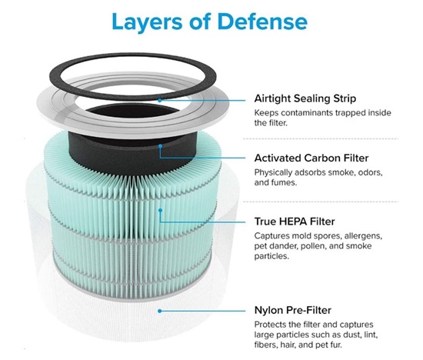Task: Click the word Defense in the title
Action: pyautogui.click(x=262, y=22)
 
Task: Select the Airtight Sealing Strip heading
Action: pyautogui.click(x=305, y=98)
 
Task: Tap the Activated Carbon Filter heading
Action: pyautogui.click(x=311, y=158)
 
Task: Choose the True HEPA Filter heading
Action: pyautogui.click(x=295, y=222)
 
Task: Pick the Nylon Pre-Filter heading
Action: pyautogui.click(x=293, y=310)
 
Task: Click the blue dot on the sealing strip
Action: pyautogui.click(x=160, y=100)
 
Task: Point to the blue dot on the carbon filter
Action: pyautogui.click(x=160, y=146)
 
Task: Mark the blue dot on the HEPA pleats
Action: pyautogui.click(x=160, y=210)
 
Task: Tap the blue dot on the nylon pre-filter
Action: pyautogui.click(x=160, y=312)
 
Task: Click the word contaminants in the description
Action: pyautogui.click(x=306, y=113)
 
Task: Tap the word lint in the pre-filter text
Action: pyautogui.click(x=371, y=335)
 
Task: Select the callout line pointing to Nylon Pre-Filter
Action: pyautogui.click(x=203, y=312)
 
